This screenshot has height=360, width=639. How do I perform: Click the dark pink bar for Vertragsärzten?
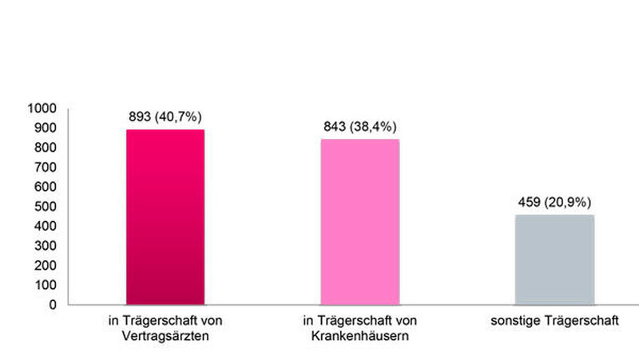[165, 216]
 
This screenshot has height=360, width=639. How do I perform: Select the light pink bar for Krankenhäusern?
[359, 221]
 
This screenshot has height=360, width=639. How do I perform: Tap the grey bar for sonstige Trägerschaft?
[554, 259]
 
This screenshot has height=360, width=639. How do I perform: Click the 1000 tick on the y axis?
[41, 108]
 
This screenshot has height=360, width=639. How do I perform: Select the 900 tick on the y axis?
[44, 128]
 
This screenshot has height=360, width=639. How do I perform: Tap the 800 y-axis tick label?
[44, 148]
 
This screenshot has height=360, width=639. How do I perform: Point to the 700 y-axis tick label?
[44, 167]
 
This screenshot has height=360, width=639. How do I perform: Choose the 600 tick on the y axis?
[44, 187]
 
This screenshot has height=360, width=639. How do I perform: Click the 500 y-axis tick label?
[44, 206]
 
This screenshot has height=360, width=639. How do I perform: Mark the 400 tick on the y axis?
[44, 226]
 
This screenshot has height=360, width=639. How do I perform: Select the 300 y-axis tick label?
[44, 245]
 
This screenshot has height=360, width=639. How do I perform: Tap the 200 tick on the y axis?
[44, 265]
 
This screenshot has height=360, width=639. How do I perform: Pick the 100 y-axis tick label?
[44, 284]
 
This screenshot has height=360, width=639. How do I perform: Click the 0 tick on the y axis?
[52, 304]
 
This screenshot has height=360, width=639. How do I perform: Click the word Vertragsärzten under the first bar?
[166, 336]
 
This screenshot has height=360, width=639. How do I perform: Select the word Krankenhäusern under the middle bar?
[360, 336]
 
